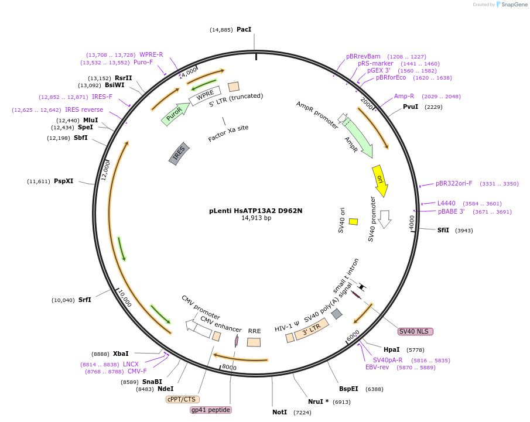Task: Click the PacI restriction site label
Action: point(244,29)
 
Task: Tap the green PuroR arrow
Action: point(175,115)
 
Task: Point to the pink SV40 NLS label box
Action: point(415,331)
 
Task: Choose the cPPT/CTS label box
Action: point(182,399)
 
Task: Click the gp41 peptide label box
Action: point(211,410)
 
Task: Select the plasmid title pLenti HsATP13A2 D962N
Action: point(255,211)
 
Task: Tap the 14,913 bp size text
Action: point(256,218)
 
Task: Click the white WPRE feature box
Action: point(204,94)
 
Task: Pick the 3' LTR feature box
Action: point(311,330)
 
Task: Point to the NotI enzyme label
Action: point(279,412)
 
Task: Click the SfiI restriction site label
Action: point(443,230)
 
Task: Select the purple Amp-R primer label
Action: point(404,96)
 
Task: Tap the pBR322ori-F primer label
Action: point(454,183)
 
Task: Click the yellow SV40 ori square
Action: point(353,221)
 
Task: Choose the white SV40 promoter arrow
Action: point(385,218)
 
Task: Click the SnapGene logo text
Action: point(511,5)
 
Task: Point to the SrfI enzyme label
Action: point(85,300)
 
